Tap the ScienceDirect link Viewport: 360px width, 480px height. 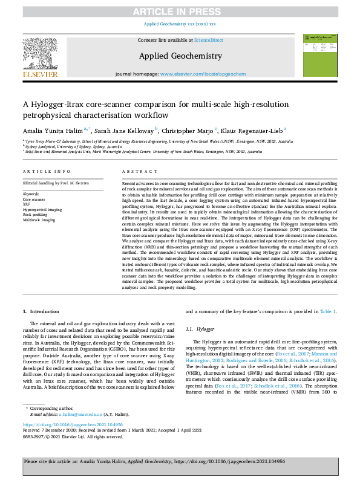point(208,40)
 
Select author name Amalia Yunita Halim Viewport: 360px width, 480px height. point(54,129)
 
